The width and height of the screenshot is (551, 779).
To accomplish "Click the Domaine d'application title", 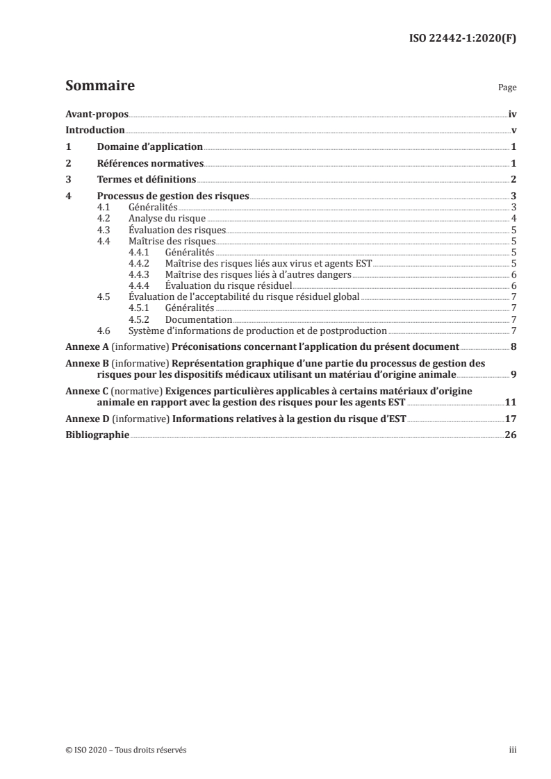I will click(x=149, y=147).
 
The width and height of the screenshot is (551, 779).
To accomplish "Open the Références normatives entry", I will click(x=150, y=164).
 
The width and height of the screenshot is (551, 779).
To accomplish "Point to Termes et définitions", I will click(x=146, y=180).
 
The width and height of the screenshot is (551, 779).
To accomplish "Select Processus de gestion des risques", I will click(x=172, y=196).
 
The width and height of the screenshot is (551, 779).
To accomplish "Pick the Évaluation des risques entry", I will click(x=172, y=230).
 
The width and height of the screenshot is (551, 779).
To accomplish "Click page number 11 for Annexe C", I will click(x=510, y=402).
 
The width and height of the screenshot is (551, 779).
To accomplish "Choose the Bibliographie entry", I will click(x=97, y=435).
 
